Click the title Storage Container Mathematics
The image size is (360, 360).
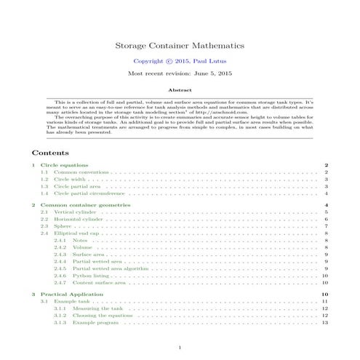[x=180, y=44]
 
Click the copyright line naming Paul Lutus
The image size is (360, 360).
[x=180, y=62]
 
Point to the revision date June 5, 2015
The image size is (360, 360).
[x=180, y=75]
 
